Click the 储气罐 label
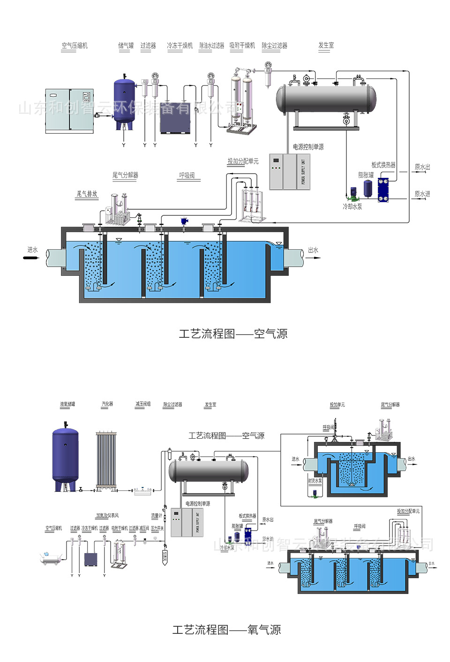(126, 46)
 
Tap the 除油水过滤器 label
(211, 46)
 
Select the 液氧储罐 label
(67, 404)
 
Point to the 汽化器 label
(107, 404)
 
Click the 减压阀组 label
(143, 404)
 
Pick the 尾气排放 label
(87, 194)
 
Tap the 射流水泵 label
(315, 481)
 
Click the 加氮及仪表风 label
(107, 516)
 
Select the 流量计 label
(156, 516)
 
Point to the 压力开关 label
(157, 528)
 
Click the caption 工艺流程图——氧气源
(226, 630)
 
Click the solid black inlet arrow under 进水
(32, 257)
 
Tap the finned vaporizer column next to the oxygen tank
(106, 460)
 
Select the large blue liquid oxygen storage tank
(65, 457)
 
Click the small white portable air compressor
(51, 558)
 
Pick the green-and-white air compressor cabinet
(69, 111)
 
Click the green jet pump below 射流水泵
(315, 493)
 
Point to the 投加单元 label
(337, 404)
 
